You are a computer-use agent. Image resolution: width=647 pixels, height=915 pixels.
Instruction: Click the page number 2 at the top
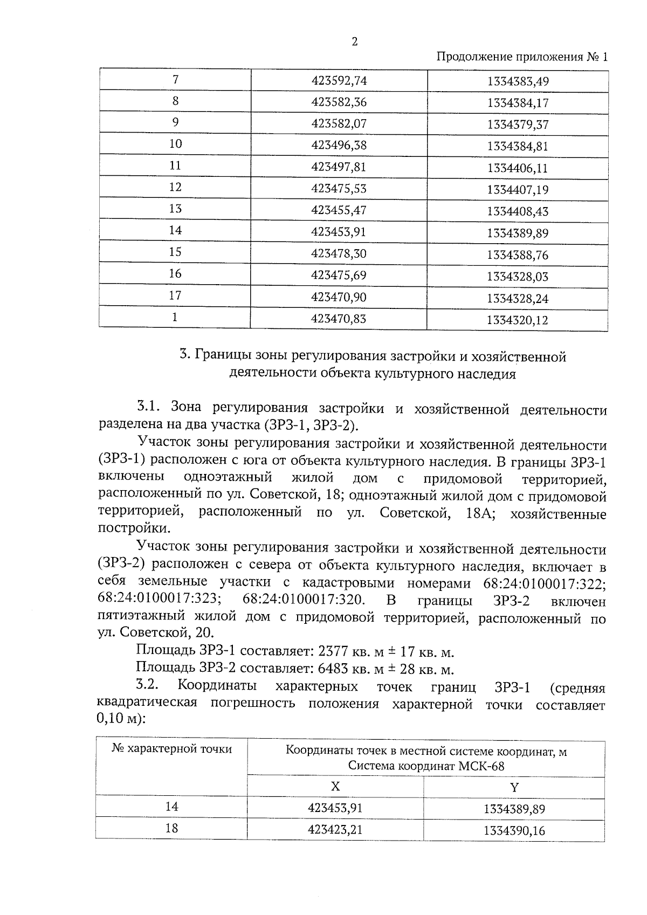point(354,42)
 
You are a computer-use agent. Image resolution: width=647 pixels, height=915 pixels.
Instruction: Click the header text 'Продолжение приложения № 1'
point(521,57)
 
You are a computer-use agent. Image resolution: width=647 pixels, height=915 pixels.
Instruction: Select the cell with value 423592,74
point(339,81)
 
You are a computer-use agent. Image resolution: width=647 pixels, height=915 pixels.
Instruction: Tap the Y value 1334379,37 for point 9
point(517,125)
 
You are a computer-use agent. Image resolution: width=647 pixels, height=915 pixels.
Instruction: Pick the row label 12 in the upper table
point(175,187)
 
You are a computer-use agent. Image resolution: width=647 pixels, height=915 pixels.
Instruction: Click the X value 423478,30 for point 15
point(339,253)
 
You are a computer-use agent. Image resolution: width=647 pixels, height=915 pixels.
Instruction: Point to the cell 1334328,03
point(517,277)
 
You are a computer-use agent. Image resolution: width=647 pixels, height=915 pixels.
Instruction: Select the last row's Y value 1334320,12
point(517,320)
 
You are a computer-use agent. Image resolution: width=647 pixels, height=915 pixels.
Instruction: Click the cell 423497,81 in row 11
point(339,167)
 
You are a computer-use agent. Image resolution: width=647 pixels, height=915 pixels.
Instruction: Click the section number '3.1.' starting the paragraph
point(150,407)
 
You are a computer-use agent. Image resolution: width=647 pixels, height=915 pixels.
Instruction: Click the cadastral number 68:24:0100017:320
point(304,601)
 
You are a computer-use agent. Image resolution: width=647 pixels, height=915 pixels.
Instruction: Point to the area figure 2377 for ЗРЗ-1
point(333,652)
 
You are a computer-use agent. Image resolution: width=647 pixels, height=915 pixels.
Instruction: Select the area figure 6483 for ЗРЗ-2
point(333,670)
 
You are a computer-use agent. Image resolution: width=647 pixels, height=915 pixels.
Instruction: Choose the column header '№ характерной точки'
point(171,749)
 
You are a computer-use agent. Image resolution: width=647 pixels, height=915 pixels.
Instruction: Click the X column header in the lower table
point(335,787)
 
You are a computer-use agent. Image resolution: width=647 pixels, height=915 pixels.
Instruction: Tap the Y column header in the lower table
point(514,787)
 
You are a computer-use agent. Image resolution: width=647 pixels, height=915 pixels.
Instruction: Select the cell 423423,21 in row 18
point(335,829)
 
